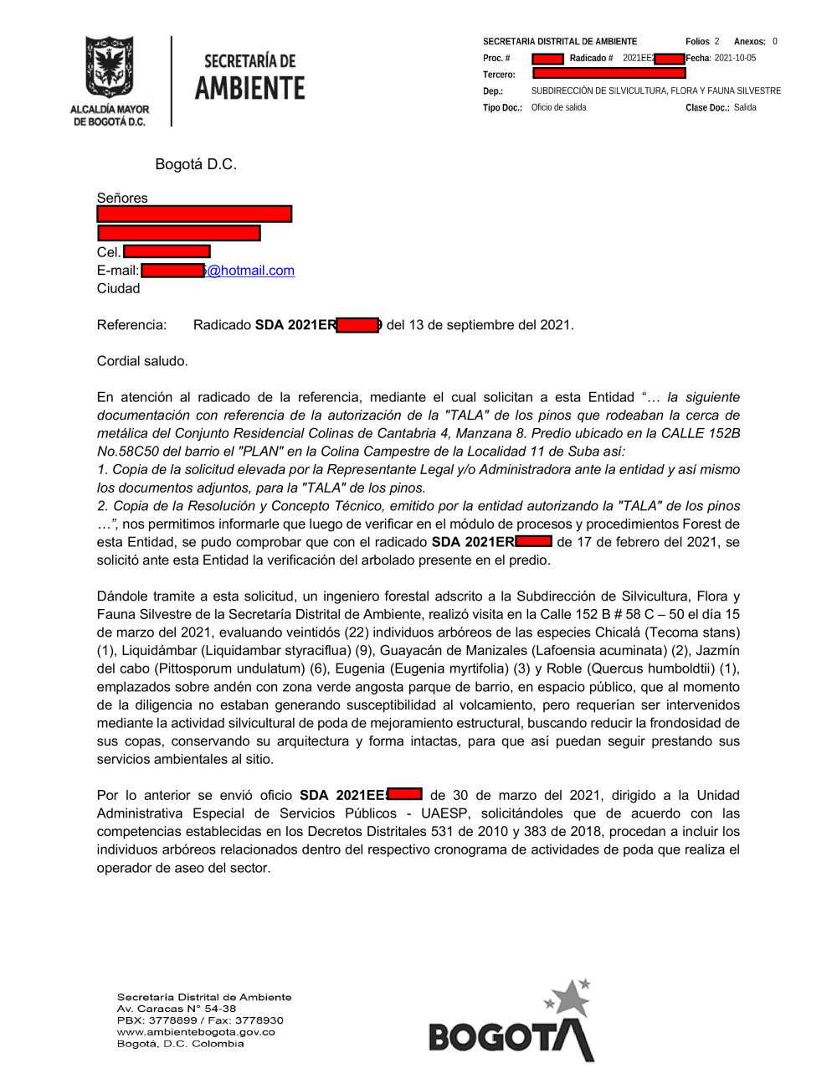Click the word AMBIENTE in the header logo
click(250, 88)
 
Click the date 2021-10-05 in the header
click(735, 59)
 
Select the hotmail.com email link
click(251, 271)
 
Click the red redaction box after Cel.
click(167, 251)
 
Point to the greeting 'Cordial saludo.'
click(142, 361)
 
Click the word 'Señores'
click(122, 198)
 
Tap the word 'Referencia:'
click(131, 325)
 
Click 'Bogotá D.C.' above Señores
click(196, 164)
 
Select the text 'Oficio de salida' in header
click(558, 107)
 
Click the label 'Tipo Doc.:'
click(502, 108)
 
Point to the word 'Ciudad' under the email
click(118, 288)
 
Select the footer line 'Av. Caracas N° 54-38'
click(176, 1009)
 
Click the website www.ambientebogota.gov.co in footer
click(196, 1032)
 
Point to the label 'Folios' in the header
click(697, 42)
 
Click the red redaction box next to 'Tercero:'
click(608, 74)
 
